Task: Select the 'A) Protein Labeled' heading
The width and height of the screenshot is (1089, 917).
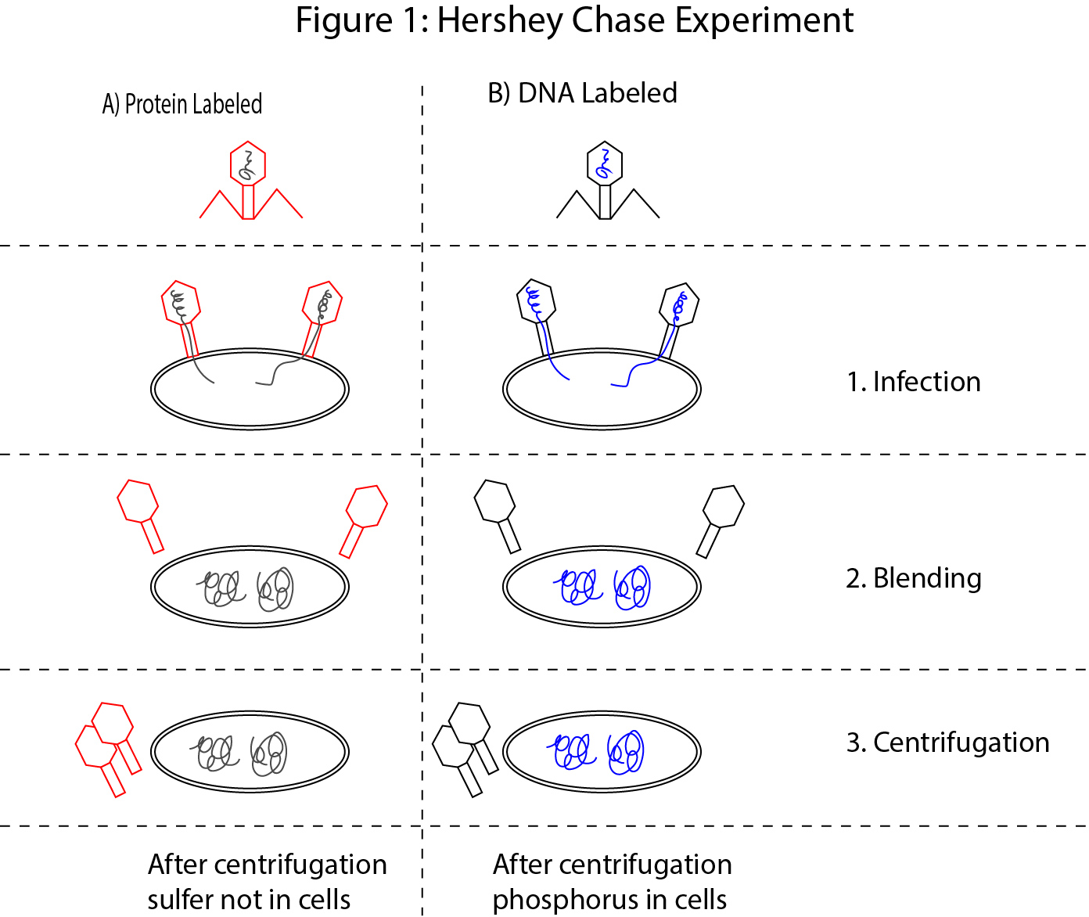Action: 182,104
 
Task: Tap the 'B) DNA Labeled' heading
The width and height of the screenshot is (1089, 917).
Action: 582,93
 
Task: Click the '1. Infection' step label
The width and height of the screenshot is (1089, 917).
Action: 913,382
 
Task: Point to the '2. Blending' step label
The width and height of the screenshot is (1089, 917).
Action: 913,578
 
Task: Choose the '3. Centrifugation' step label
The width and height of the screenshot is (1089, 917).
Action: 947,743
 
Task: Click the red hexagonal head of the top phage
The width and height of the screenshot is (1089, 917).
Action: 248,164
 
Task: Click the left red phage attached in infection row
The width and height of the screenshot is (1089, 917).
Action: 181,309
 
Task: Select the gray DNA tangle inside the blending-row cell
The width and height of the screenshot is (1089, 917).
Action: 249,588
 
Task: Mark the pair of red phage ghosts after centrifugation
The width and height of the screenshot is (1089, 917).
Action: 108,747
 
